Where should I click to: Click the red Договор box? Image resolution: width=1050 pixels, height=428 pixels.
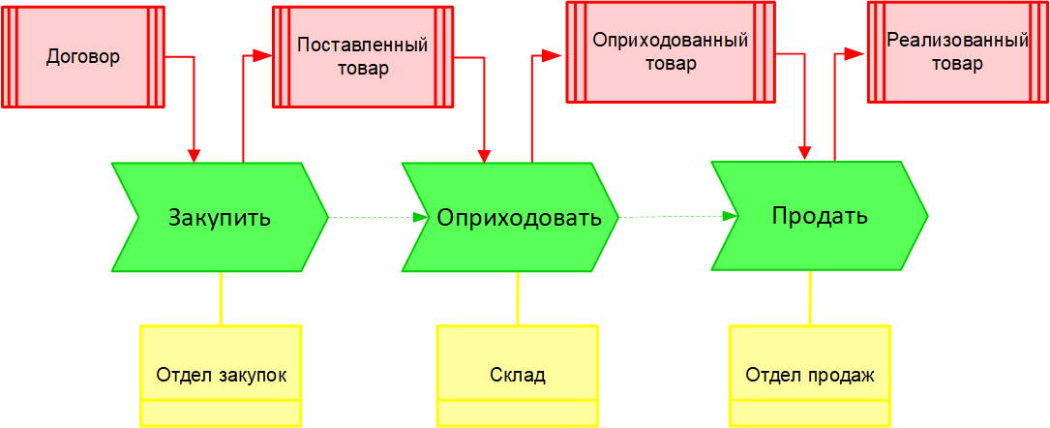pos(83,56)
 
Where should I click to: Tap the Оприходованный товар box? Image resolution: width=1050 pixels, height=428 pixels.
pos(671,51)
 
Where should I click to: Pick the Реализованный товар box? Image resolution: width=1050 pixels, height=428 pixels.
pos(957,52)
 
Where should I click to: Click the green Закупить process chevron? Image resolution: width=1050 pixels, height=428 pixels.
pos(220,217)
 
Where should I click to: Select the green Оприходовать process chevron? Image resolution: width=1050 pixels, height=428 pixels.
pos(512,217)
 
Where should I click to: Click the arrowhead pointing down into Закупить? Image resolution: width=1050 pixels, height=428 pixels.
pos(195,155)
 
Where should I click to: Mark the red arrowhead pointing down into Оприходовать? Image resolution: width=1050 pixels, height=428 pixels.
pos(485,155)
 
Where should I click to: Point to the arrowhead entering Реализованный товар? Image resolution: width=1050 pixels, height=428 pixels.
pos(857,54)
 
